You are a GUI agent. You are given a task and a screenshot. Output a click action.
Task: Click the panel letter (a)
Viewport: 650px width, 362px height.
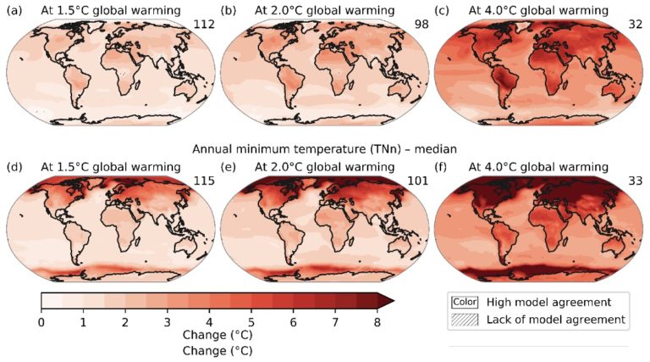click(14, 11)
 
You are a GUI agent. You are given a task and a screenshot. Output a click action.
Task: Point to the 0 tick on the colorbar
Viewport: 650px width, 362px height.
click(41, 321)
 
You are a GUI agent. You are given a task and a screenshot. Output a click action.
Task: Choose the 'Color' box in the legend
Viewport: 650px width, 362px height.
click(465, 301)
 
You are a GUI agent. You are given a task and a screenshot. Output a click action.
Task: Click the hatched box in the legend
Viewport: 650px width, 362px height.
click(465, 320)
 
